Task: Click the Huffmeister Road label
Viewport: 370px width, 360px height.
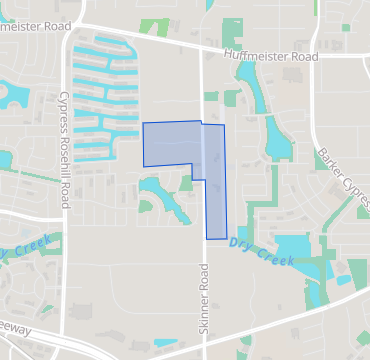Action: pyautogui.click(x=271, y=57)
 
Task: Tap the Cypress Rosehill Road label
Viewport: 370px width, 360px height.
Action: pyautogui.click(x=63, y=145)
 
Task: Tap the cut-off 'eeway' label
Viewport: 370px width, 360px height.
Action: pyautogui.click(x=15, y=329)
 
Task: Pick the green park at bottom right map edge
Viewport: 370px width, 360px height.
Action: pyautogui.click(x=358, y=271)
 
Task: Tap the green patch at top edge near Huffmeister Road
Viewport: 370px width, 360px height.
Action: pyautogui.click(x=155, y=26)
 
